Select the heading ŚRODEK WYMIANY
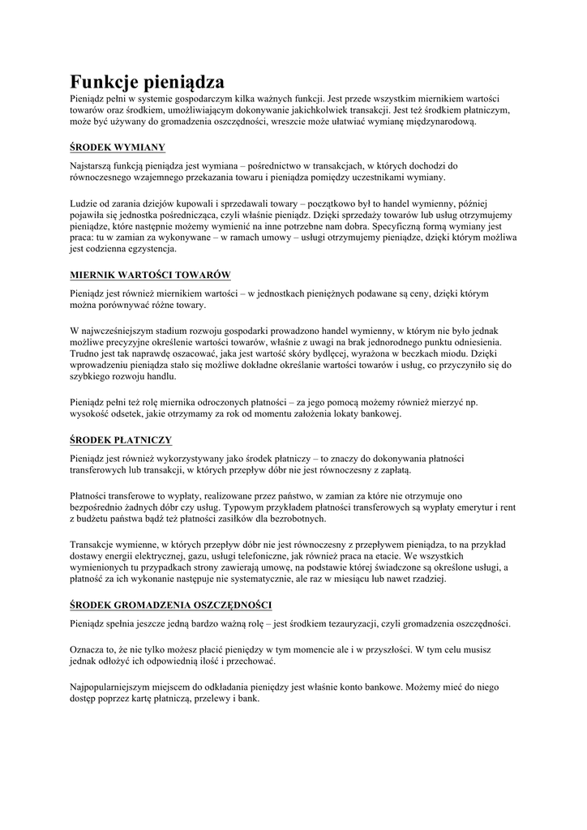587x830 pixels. coord(118,147)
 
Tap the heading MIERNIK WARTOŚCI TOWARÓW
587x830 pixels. coord(151,274)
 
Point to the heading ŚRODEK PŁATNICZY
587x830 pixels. coord(121,439)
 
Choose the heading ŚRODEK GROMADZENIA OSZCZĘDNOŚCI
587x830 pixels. coord(171,605)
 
